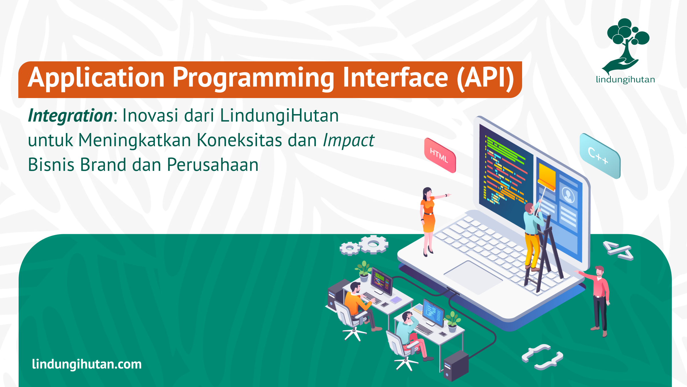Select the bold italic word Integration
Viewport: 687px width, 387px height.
click(70, 116)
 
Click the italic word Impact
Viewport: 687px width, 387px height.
click(348, 140)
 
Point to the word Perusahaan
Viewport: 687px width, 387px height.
click(213, 165)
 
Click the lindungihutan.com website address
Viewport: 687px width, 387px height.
click(87, 364)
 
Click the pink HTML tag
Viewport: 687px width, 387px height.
click(440, 155)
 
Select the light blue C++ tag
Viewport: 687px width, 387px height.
click(600, 156)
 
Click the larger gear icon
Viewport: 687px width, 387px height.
click(374, 244)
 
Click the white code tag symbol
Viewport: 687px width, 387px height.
click(618, 251)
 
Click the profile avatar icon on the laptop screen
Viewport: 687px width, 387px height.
click(568, 195)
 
